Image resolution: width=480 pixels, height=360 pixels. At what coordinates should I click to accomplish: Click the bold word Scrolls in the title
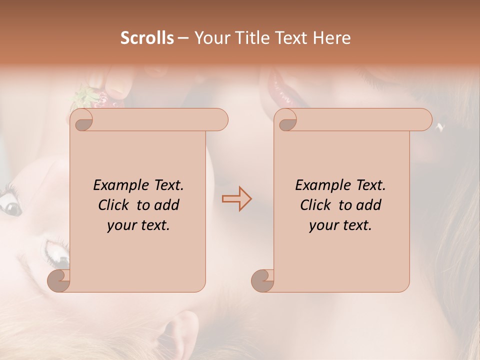147,38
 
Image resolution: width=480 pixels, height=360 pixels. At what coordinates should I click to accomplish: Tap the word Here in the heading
331,38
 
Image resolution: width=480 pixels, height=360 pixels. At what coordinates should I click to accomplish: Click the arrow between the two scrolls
236,198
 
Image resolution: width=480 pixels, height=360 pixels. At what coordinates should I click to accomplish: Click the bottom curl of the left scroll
59,280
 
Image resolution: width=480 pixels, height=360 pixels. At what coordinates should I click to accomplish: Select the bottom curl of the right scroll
263,280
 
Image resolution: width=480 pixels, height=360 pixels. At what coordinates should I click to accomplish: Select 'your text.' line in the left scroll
138,225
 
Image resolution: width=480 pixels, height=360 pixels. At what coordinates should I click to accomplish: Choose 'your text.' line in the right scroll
340,225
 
